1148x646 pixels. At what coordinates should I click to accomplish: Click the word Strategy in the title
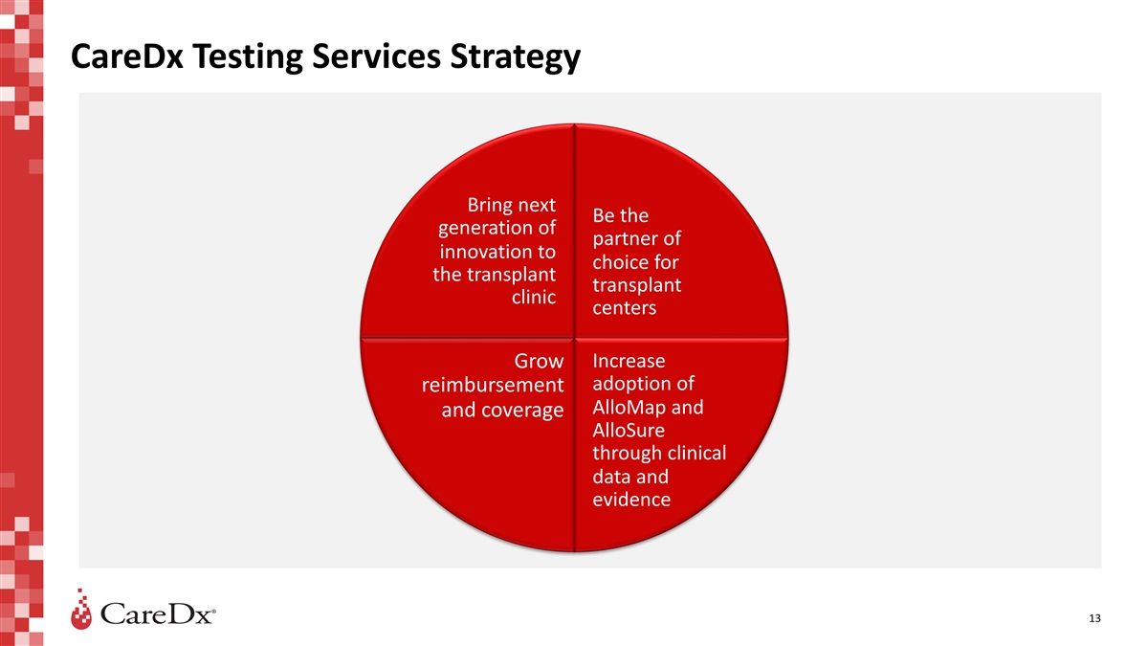pos(516,57)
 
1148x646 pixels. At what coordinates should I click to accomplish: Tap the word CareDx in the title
pos(127,56)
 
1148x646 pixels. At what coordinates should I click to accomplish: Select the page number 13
pos(1094,618)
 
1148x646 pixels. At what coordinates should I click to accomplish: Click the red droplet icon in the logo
pos(81,610)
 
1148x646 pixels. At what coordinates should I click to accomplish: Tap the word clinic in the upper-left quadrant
pos(534,297)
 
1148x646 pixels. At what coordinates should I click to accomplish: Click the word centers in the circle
pos(624,307)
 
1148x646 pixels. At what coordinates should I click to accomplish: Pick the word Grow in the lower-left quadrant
pos(539,361)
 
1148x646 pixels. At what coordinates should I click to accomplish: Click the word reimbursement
pos(493,385)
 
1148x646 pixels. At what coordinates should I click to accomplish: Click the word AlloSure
pos(629,430)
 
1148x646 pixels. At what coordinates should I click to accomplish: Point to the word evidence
pos(631,500)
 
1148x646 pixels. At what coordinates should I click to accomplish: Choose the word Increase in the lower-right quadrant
pos(629,361)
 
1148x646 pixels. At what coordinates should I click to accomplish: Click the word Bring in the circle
pos(489,205)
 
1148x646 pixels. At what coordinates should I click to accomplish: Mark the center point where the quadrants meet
pos(574,338)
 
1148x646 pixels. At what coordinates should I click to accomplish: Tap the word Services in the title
pos(377,56)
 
